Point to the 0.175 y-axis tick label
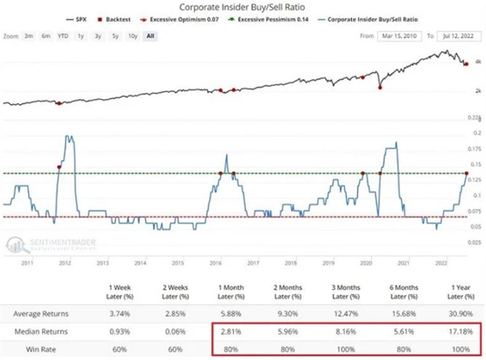click(476, 148)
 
